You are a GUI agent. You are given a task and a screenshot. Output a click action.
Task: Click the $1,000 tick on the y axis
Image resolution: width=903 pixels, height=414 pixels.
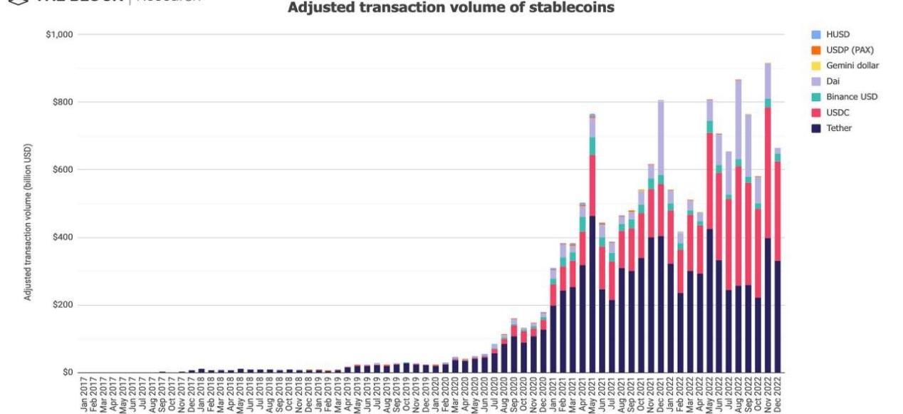point(59,34)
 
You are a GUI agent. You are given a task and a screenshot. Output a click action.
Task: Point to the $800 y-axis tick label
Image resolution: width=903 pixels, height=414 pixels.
point(63,102)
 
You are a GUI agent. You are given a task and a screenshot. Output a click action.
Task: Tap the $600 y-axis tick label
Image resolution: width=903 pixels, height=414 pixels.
point(63,170)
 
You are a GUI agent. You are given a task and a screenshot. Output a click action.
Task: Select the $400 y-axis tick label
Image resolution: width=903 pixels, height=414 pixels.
point(63,237)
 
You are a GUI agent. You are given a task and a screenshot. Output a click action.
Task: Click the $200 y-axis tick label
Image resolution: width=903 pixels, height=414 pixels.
point(63,305)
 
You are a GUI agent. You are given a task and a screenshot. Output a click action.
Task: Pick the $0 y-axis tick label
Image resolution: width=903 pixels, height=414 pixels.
point(68,373)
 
